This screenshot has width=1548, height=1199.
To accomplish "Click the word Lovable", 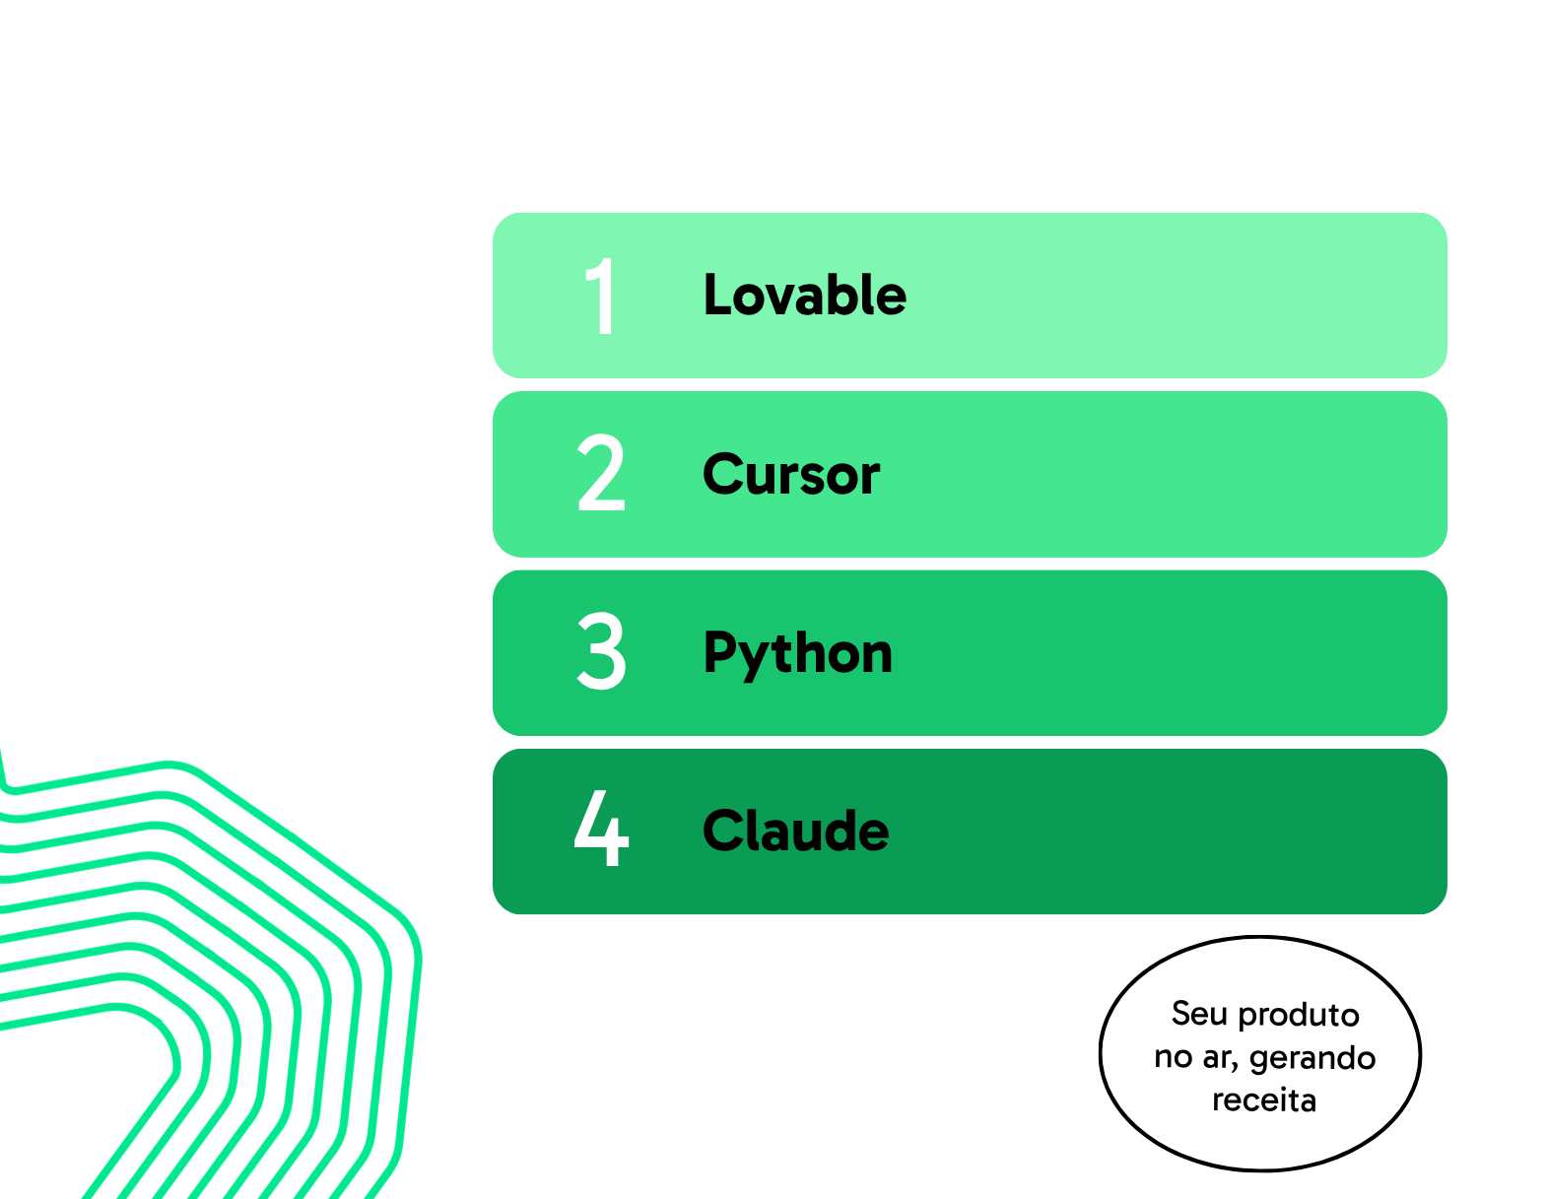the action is click(x=804, y=295).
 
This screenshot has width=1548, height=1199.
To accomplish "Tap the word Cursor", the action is click(x=790, y=474).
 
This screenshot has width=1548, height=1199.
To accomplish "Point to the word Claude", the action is click(x=795, y=831).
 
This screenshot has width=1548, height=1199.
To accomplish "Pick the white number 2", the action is click(x=600, y=473).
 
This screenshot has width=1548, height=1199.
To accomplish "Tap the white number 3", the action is click(x=600, y=651).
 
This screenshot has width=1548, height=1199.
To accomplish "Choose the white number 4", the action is click(x=600, y=829).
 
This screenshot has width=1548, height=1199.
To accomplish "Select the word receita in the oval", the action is click(x=1264, y=1100).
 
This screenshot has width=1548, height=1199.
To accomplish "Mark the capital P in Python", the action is click(x=718, y=652).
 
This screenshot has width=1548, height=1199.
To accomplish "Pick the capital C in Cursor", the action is click(x=724, y=474).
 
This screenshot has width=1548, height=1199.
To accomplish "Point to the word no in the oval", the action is click(x=1174, y=1058).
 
